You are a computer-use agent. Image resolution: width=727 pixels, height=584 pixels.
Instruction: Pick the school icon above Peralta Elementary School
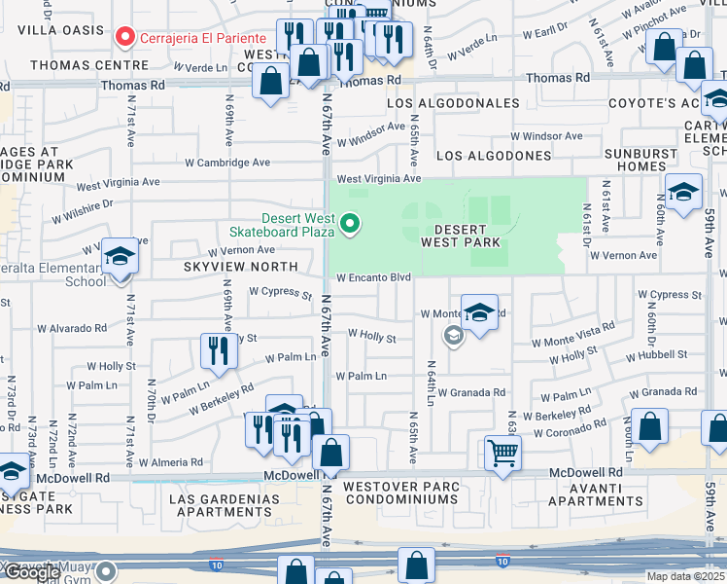(x=121, y=257)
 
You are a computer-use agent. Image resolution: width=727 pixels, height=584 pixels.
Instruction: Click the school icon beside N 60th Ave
(x=683, y=191)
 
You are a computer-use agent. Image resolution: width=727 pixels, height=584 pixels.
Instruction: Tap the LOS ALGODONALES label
(x=454, y=102)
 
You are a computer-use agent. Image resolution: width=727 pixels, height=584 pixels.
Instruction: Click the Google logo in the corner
(x=31, y=572)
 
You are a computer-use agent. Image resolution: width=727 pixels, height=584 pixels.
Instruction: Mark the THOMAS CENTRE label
(x=76, y=65)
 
